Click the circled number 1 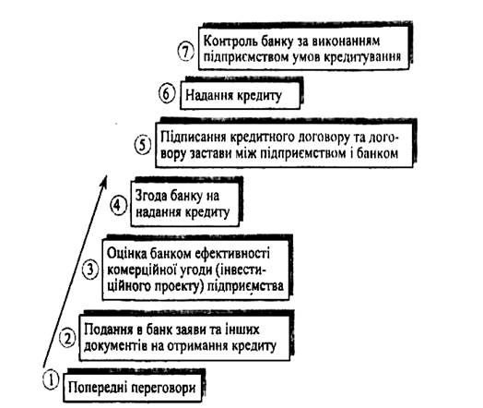[x=51, y=380]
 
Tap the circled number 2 [x=67, y=338]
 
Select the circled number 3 [x=90, y=270]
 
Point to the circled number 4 [x=119, y=205]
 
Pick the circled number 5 [x=143, y=145]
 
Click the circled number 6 [x=167, y=94]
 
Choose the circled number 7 [x=186, y=51]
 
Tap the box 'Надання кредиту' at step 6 [x=240, y=95]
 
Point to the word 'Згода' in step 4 [x=149, y=196]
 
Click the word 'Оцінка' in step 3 [x=126, y=254]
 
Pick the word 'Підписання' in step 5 [x=194, y=137]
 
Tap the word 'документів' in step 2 [x=115, y=346]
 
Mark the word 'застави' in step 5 [x=211, y=153]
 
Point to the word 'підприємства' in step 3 [x=245, y=286]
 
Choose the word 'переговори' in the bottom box [x=163, y=389]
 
